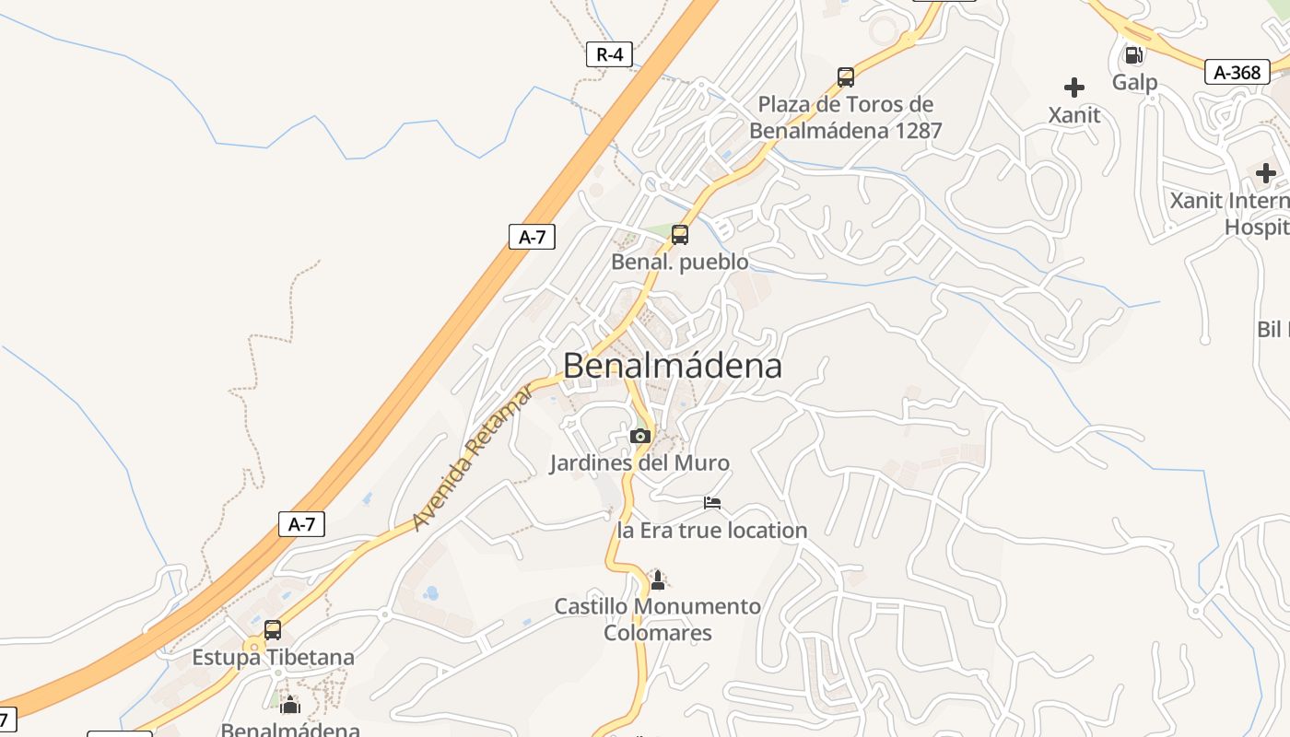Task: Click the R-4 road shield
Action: [x=609, y=54]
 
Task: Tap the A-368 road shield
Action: [x=1237, y=72]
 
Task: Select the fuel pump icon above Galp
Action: [x=1134, y=55]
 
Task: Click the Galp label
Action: [x=1134, y=82]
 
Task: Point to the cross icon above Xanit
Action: [x=1074, y=88]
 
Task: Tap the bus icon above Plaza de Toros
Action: [x=846, y=77]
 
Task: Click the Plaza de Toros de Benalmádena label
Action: [x=846, y=117]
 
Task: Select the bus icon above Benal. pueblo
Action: [x=680, y=234]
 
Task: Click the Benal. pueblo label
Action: [x=680, y=263]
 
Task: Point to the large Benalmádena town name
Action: [x=673, y=366]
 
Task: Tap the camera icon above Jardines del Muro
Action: [x=640, y=436]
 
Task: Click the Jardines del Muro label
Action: [x=639, y=462]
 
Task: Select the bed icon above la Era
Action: [x=712, y=503]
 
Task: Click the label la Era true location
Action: [x=711, y=531]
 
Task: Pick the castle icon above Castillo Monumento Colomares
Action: [x=658, y=579]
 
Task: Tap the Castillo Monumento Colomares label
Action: [x=658, y=619]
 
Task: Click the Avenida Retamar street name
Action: [x=472, y=458]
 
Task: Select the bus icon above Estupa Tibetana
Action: [x=273, y=630]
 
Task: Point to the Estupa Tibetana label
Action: [x=273, y=658]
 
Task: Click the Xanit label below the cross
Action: [x=1074, y=115]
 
